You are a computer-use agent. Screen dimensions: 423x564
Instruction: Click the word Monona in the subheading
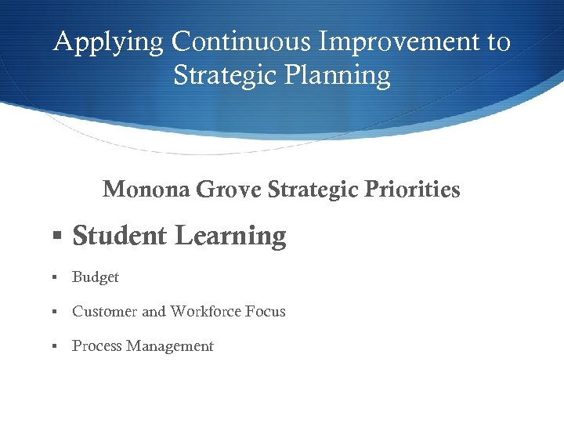point(146,190)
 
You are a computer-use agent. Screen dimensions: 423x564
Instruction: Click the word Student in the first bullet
point(120,236)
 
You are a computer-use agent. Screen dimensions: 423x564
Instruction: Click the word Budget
point(96,277)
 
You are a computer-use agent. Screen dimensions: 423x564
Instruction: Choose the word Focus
point(265,312)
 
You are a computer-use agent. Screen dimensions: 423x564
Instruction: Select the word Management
point(170,346)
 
